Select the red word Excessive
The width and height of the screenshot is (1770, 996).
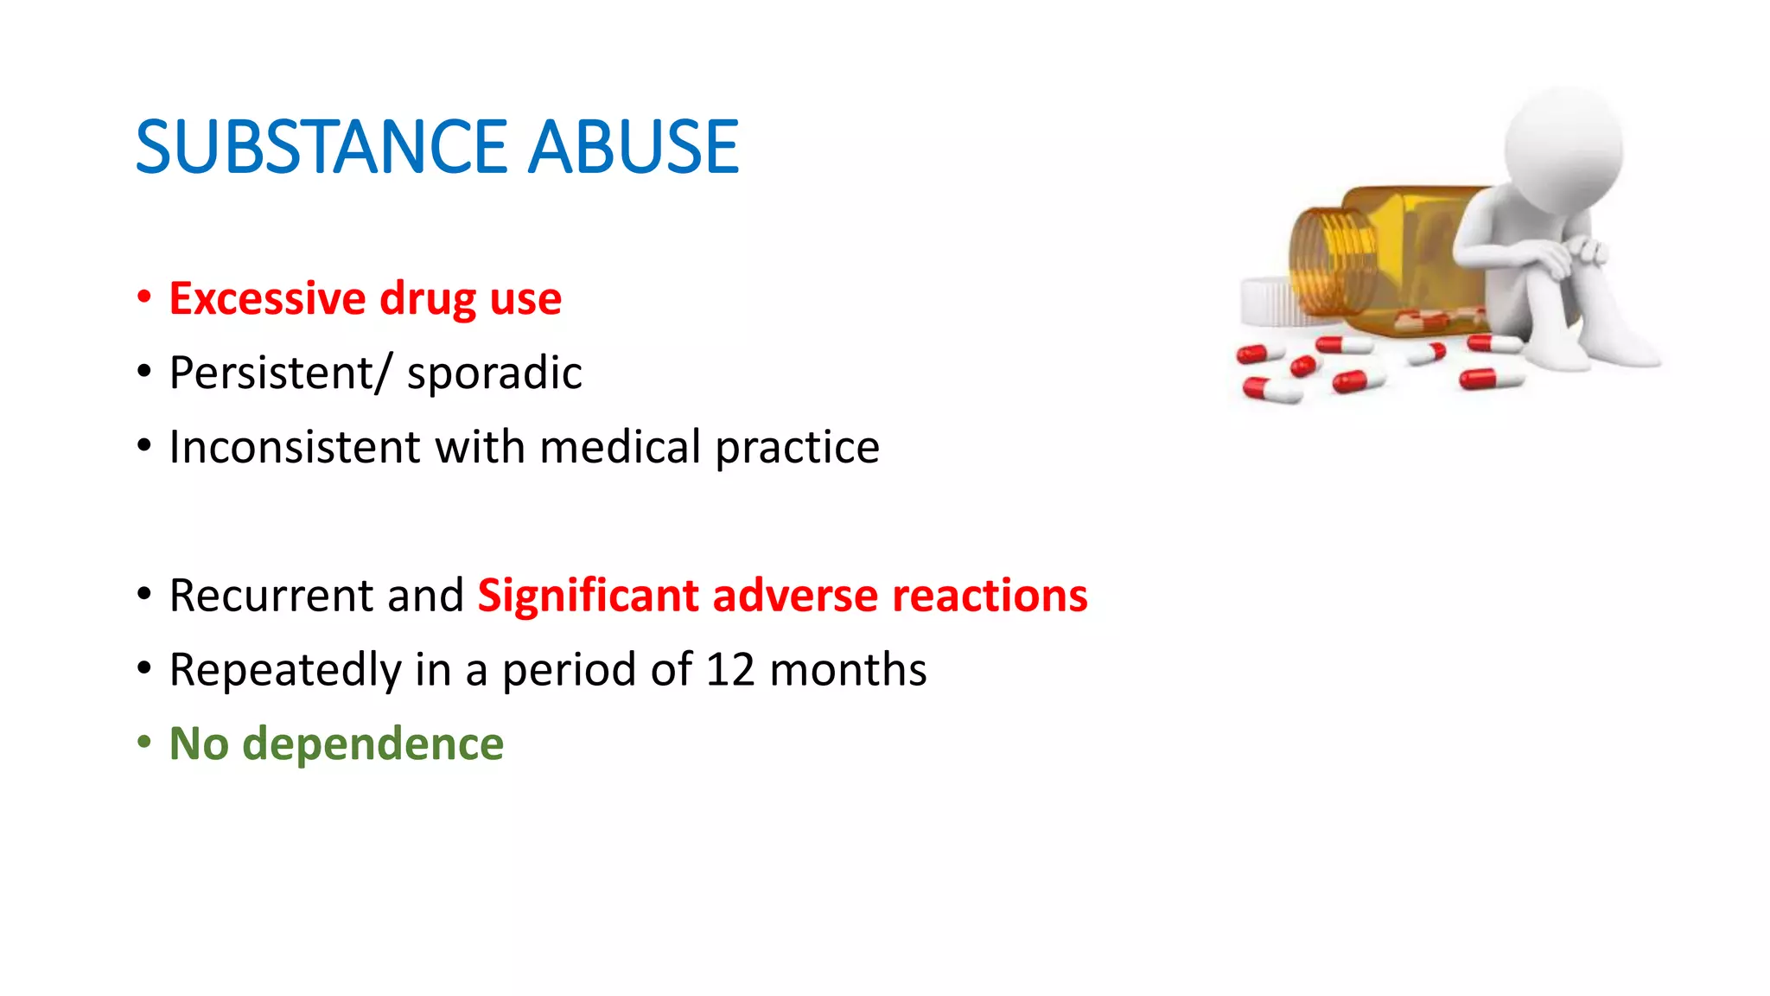(x=267, y=298)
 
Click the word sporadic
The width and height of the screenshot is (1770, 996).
(x=494, y=373)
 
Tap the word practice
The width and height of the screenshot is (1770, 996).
(x=797, y=449)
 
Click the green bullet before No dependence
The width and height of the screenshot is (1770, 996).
(x=144, y=742)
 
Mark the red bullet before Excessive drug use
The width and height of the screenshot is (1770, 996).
(x=144, y=297)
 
